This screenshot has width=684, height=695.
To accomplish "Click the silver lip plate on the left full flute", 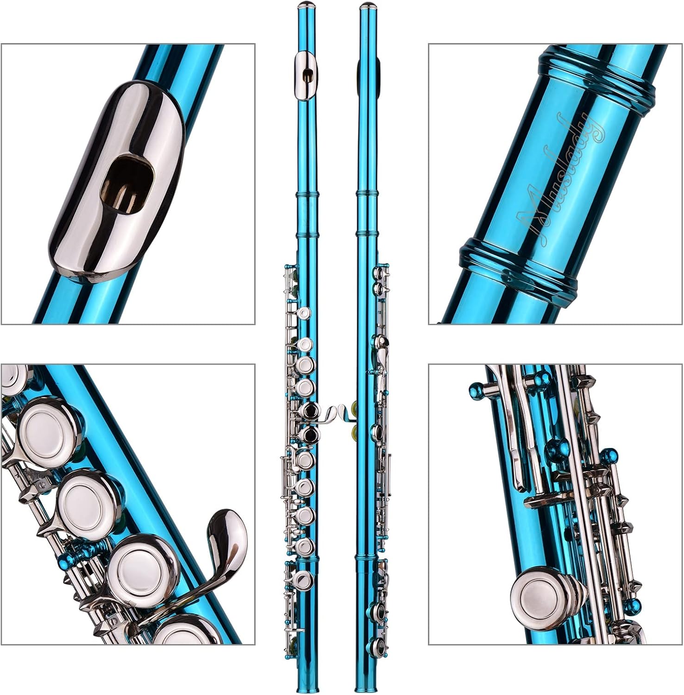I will (x=305, y=75).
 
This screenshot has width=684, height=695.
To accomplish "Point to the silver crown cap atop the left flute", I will (x=305, y=6).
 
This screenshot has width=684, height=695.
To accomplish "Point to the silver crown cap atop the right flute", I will (x=367, y=6).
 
